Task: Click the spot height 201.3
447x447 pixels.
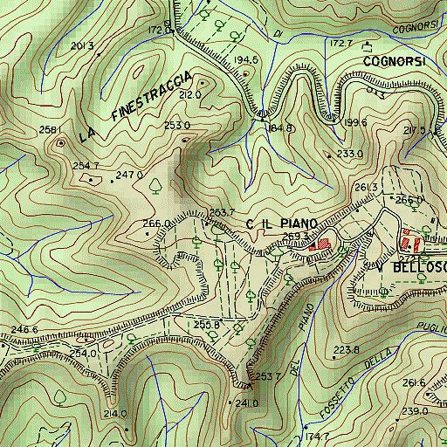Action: tap(81, 45)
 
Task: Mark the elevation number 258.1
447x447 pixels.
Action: tap(52, 129)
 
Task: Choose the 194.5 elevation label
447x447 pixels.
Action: tap(246, 59)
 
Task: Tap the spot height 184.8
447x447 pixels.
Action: tap(281, 128)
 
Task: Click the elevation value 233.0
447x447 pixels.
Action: tap(349, 154)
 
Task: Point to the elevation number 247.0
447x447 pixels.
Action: tap(129, 175)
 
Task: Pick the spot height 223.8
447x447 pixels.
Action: tap(346, 350)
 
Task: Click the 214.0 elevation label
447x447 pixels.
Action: tap(115, 413)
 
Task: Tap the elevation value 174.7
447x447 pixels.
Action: tap(317, 437)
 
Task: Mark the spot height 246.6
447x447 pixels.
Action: tap(24, 329)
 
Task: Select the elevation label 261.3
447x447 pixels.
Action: tap(365, 188)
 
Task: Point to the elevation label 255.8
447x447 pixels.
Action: tap(206, 325)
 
